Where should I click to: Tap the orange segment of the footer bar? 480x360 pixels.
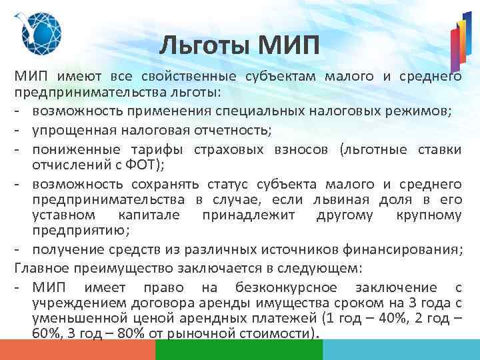[x=77, y=350]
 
